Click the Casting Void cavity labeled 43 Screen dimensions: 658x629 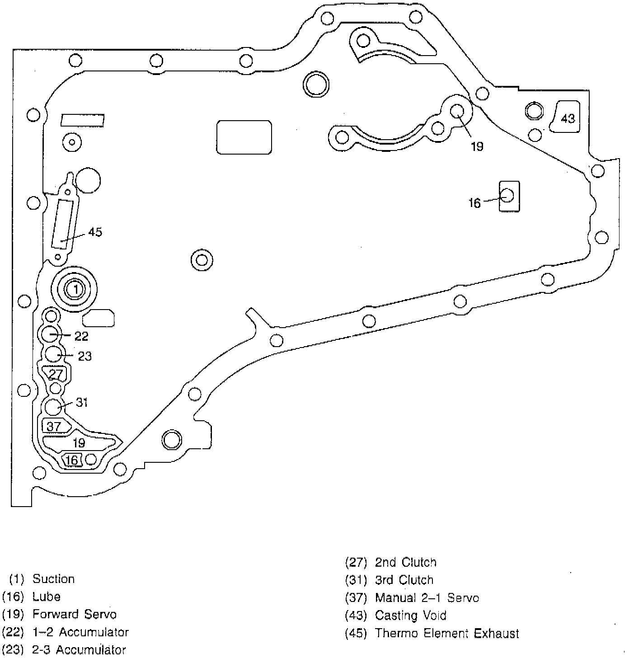[567, 117]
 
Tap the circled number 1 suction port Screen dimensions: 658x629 [75, 289]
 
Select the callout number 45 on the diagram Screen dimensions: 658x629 [95, 232]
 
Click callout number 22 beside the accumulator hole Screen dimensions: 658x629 [81, 336]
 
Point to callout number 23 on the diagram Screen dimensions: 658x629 [84, 357]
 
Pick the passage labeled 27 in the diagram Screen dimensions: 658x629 [56, 374]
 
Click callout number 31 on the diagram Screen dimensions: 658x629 [82, 402]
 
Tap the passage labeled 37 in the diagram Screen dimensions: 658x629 [54, 426]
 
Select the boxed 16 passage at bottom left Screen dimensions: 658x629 [72, 460]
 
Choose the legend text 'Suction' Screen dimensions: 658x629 [53, 579]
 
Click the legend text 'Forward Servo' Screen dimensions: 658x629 [75, 614]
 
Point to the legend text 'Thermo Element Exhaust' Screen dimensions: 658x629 [447, 634]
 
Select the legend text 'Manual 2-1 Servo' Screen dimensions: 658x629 [427, 598]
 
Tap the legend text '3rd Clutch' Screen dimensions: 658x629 [404, 580]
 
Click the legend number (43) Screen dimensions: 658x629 [356, 616]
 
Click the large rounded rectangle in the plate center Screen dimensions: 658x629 [244, 137]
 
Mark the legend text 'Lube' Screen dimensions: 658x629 [47, 597]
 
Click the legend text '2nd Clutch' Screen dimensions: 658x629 [406, 562]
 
